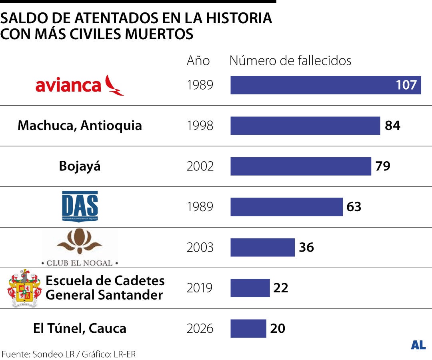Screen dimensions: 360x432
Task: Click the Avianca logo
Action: click(x=80, y=85)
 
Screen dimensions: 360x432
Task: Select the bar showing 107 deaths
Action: click(x=326, y=85)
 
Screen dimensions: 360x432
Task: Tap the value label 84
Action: click(x=392, y=126)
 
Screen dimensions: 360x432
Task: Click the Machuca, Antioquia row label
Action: click(x=80, y=126)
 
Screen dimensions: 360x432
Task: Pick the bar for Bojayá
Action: click(x=300, y=166)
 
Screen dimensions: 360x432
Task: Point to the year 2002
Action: click(x=200, y=166)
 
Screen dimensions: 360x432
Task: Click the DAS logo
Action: click(x=80, y=206)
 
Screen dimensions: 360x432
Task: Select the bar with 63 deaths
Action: click(x=286, y=207)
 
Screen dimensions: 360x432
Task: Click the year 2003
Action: click(x=200, y=248)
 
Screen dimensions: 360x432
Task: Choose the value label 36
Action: click(x=306, y=248)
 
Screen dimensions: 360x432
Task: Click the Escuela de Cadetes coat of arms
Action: click(x=24, y=288)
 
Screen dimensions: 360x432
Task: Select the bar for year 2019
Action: click(x=250, y=288)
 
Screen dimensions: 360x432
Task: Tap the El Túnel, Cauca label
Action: click(x=80, y=328)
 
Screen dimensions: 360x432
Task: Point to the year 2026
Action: click(x=200, y=329)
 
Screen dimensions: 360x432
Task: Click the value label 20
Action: click(x=278, y=328)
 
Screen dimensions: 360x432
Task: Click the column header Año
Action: click(x=198, y=60)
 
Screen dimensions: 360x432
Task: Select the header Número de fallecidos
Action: click(x=290, y=60)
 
